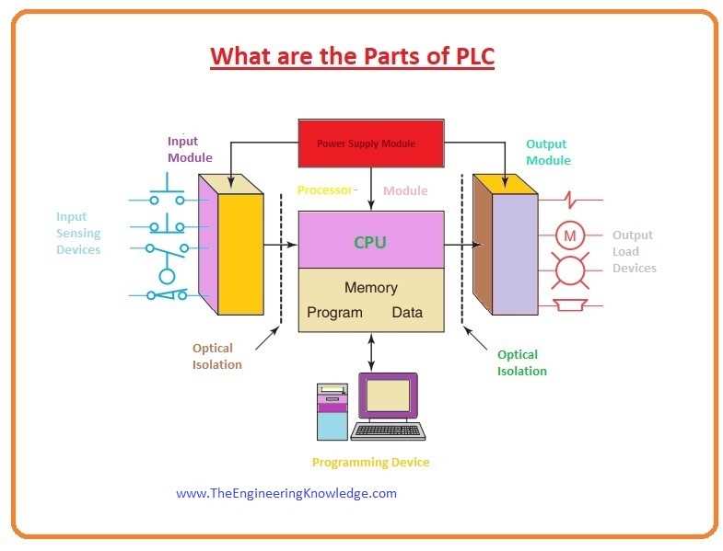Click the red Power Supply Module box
[x=371, y=143]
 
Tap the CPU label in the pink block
[x=370, y=242]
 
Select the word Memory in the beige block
[x=371, y=288]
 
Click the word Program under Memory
[x=334, y=313]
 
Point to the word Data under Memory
[x=407, y=313]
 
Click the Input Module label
[x=190, y=149]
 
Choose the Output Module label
[x=548, y=152]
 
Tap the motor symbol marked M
[x=570, y=235]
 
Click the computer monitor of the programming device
[x=389, y=396]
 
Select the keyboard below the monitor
[x=388, y=431]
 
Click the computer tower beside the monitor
[x=332, y=411]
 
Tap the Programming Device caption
[x=371, y=462]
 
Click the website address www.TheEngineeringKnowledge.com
[x=286, y=493]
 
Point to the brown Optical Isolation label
[x=216, y=356]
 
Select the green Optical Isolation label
[x=522, y=362]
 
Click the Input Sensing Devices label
[x=78, y=233]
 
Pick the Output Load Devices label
[x=634, y=251]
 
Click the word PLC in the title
[x=475, y=56]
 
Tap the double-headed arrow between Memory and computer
[x=371, y=352]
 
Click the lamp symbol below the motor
[x=570, y=270]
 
